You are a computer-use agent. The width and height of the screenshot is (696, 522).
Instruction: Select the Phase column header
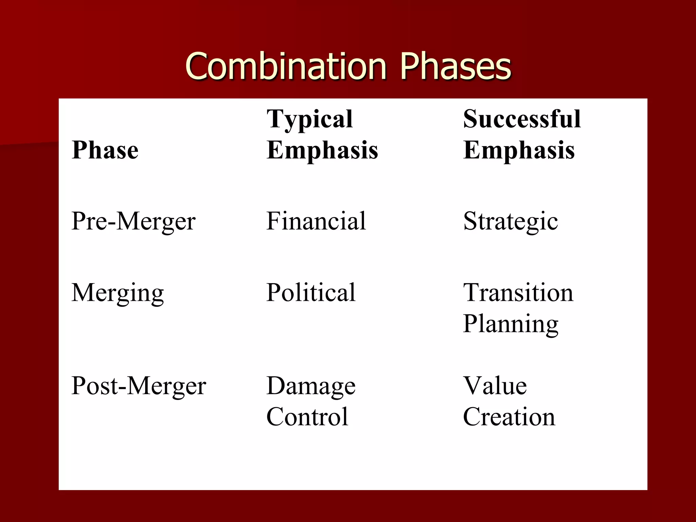click(105, 150)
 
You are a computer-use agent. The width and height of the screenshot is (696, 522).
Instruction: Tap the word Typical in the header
click(310, 120)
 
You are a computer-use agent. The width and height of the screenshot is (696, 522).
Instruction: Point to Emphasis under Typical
click(322, 150)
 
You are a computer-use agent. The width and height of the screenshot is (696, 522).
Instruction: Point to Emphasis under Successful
click(519, 150)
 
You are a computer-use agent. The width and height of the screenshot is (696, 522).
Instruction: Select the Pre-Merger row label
click(134, 222)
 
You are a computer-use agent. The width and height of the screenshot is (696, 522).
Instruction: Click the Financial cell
click(316, 221)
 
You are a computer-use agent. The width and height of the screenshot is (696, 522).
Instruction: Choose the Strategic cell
click(510, 222)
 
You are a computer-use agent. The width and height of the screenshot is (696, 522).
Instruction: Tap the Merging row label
click(118, 293)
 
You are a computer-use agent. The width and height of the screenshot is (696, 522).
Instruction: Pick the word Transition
click(518, 293)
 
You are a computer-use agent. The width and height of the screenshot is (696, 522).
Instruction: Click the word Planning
click(510, 324)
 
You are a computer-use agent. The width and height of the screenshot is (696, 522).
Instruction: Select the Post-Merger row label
click(139, 386)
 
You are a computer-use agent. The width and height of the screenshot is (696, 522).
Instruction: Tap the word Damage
click(311, 386)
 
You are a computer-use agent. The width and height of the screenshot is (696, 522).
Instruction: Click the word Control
click(307, 417)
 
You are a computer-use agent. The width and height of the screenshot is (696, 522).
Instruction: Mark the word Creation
click(509, 417)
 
